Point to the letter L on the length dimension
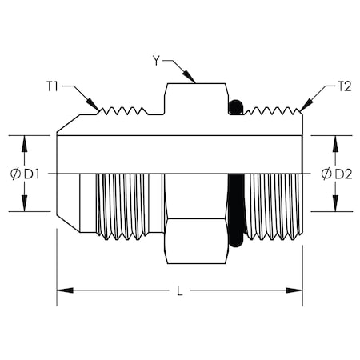tap(179, 291)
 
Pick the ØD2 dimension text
tap(336, 174)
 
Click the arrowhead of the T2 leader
tap(302, 109)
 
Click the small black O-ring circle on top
tap(235, 106)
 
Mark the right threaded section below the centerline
tap(272, 206)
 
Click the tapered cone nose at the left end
tap(68, 200)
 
